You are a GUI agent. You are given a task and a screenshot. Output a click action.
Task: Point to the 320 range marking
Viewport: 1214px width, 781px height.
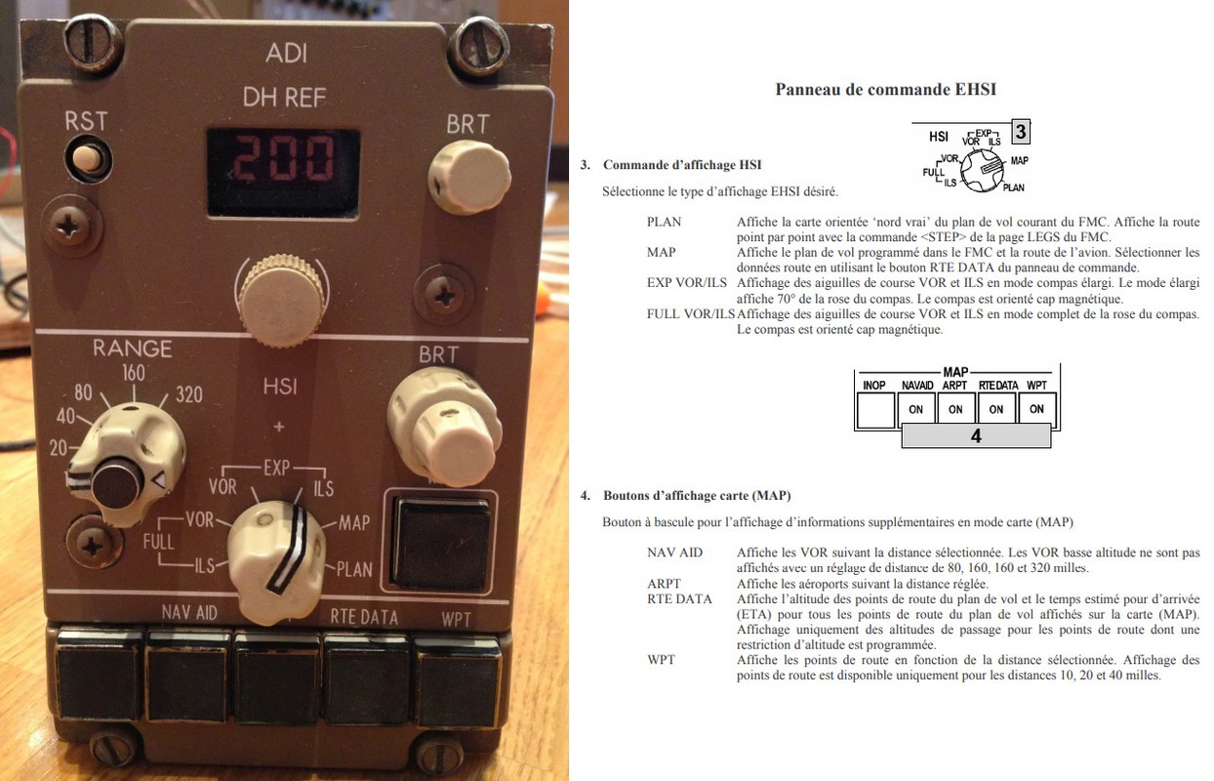[x=189, y=394]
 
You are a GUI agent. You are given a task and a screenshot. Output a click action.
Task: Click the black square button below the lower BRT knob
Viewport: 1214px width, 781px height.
[x=440, y=542]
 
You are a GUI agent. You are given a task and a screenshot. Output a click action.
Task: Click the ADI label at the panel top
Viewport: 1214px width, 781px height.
[x=286, y=54]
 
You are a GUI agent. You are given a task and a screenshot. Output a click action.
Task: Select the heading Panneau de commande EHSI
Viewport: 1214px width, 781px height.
[x=885, y=90]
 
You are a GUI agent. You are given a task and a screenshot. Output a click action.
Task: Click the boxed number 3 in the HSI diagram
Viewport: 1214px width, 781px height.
[x=1020, y=132]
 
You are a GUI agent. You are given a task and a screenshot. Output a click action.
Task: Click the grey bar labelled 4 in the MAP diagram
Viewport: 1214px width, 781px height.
[x=976, y=436]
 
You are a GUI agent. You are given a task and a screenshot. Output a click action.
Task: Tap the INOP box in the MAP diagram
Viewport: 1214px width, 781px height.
[x=875, y=409]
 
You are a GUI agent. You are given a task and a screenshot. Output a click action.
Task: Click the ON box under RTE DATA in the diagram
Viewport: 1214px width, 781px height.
[x=995, y=409]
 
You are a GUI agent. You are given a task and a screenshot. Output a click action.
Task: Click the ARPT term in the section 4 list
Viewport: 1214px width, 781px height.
[x=664, y=584]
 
